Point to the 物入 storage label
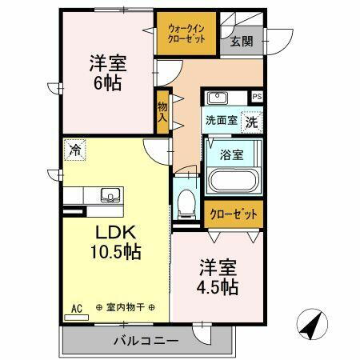(162, 110)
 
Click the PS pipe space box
(257, 96)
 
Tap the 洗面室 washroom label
(220, 122)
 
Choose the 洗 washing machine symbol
(251, 123)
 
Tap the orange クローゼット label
(234, 214)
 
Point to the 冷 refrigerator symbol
(74, 149)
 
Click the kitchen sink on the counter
(108, 194)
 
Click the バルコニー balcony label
(145, 340)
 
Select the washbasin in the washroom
(217, 99)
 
